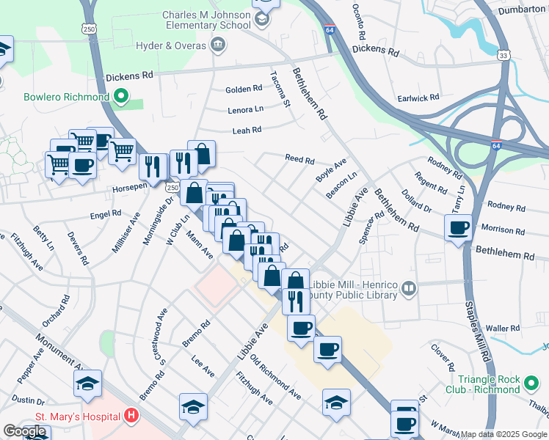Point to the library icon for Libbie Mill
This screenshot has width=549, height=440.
[409, 290]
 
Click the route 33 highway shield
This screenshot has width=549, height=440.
[503, 56]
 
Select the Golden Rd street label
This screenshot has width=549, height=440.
[244, 89]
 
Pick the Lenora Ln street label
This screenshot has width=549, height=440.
[244, 109]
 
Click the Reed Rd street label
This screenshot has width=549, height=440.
[299, 159]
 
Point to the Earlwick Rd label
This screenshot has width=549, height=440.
[418, 97]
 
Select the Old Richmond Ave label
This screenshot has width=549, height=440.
[275, 377]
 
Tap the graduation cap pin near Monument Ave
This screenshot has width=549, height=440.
[87, 383]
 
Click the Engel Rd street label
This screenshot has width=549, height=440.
[105, 213]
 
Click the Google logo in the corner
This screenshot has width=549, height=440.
[24, 431]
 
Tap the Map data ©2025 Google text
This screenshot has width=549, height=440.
[503, 434]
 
